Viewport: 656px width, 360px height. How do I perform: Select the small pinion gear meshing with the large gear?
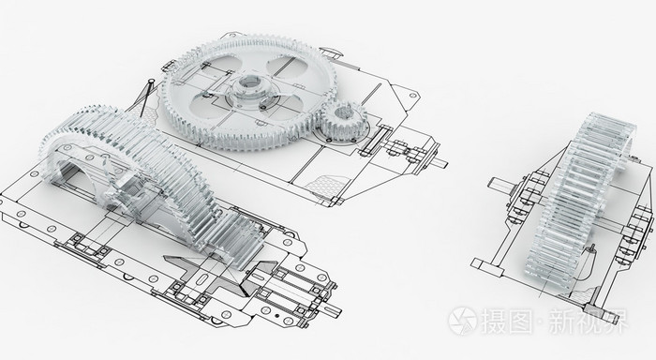(x=344, y=120)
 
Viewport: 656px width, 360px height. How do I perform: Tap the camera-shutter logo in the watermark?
(x=462, y=321)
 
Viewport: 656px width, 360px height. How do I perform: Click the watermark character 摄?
(x=494, y=321)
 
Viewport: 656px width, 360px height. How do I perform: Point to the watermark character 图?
(x=522, y=321)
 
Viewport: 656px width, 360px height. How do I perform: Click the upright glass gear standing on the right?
(x=580, y=201)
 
